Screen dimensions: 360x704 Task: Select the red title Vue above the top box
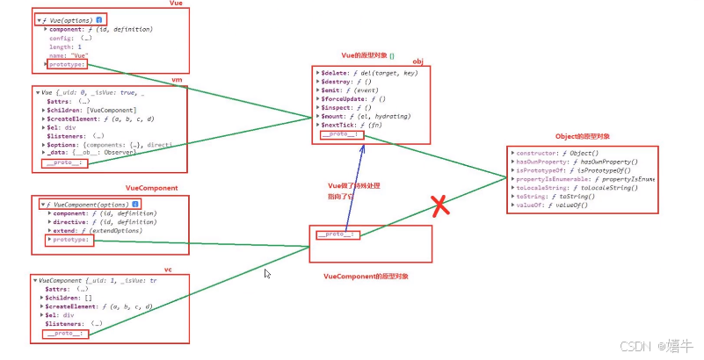pos(175,5)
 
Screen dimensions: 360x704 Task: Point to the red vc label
pos(167,270)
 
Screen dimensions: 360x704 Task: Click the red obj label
pos(417,62)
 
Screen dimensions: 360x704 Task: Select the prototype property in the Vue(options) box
pos(68,63)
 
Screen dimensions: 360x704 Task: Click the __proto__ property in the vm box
pos(64,163)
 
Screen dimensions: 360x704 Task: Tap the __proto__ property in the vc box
pos(64,334)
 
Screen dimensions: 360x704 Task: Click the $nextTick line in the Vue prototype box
pos(352,125)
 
